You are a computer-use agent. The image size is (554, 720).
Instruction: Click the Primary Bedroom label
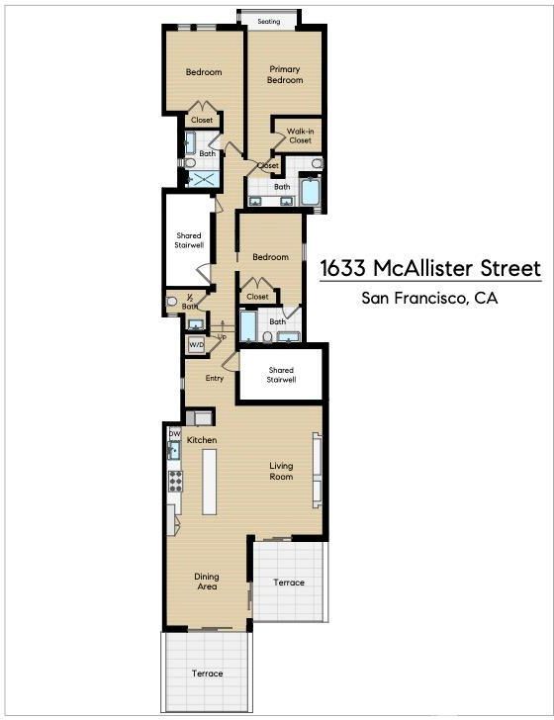(x=285, y=74)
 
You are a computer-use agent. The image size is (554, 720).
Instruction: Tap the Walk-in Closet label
(x=301, y=135)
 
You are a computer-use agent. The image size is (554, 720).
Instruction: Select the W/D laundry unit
(x=197, y=344)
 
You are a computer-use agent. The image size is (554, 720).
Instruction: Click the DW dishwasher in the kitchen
(x=174, y=433)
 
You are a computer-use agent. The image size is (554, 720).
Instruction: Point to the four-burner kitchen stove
(x=175, y=482)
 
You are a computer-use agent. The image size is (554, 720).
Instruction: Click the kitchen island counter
(x=210, y=482)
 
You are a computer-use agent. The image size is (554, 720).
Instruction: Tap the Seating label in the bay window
(x=269, y=21)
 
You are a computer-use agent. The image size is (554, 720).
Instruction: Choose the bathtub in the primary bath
(x=311, y=192)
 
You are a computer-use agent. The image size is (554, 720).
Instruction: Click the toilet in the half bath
(x=171, y=302)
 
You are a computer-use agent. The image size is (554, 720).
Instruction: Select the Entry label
(x=215, y=378)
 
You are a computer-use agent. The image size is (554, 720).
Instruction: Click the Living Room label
(x=281, y=471)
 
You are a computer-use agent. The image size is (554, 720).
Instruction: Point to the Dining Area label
(x=207, y=582)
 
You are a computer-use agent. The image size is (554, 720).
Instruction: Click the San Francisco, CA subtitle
(x=429, y=298)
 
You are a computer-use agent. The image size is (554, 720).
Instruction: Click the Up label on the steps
(x=222, y=337)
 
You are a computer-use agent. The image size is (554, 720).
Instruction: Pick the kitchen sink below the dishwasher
(x=174, y=450)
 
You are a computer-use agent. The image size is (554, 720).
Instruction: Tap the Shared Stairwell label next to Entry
(x=281, y=375)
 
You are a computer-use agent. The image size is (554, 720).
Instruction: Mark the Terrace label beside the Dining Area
(x=289, y=583)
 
